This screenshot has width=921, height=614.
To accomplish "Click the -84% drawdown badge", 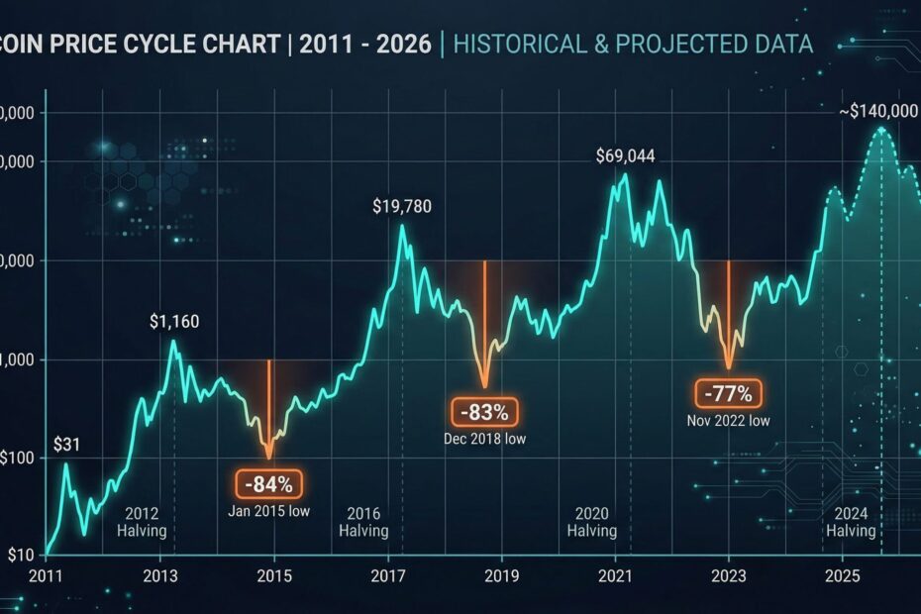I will point(268,484).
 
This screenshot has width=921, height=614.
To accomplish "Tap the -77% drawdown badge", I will point(728,393).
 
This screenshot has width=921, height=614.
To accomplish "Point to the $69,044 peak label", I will point(625,156).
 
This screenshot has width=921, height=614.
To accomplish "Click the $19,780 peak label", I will point(401,207).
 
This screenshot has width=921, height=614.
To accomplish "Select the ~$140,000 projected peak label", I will point(877,112).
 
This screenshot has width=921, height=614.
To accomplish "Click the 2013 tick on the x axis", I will point(159,576).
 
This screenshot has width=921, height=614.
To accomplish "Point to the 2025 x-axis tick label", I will point(843,576).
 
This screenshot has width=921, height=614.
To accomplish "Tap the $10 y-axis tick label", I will point(23,555).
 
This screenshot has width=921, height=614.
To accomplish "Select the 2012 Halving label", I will point(143,522).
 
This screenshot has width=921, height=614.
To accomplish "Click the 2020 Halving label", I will point(592,522).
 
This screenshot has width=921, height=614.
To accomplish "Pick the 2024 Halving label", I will point(851,522).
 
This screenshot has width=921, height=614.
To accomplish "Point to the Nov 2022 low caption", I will point(728,420).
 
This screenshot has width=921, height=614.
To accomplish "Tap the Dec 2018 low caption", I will point(485,439).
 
